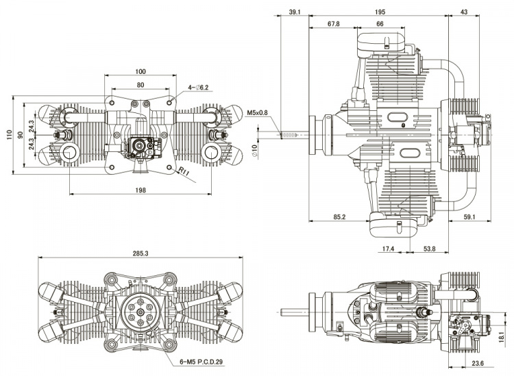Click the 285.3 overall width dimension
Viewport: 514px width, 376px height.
click(x=140, y=253)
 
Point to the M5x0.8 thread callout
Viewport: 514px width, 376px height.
click(x=258, y=113)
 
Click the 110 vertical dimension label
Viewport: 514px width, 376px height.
click(x=9, y=135)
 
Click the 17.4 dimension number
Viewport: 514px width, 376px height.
click(x=388, y=249)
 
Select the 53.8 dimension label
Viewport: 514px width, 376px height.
click(x=430, y=249)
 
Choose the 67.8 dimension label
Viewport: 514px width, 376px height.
click(x=333, y=25)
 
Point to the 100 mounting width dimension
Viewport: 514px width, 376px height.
click(x=140, y=71)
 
